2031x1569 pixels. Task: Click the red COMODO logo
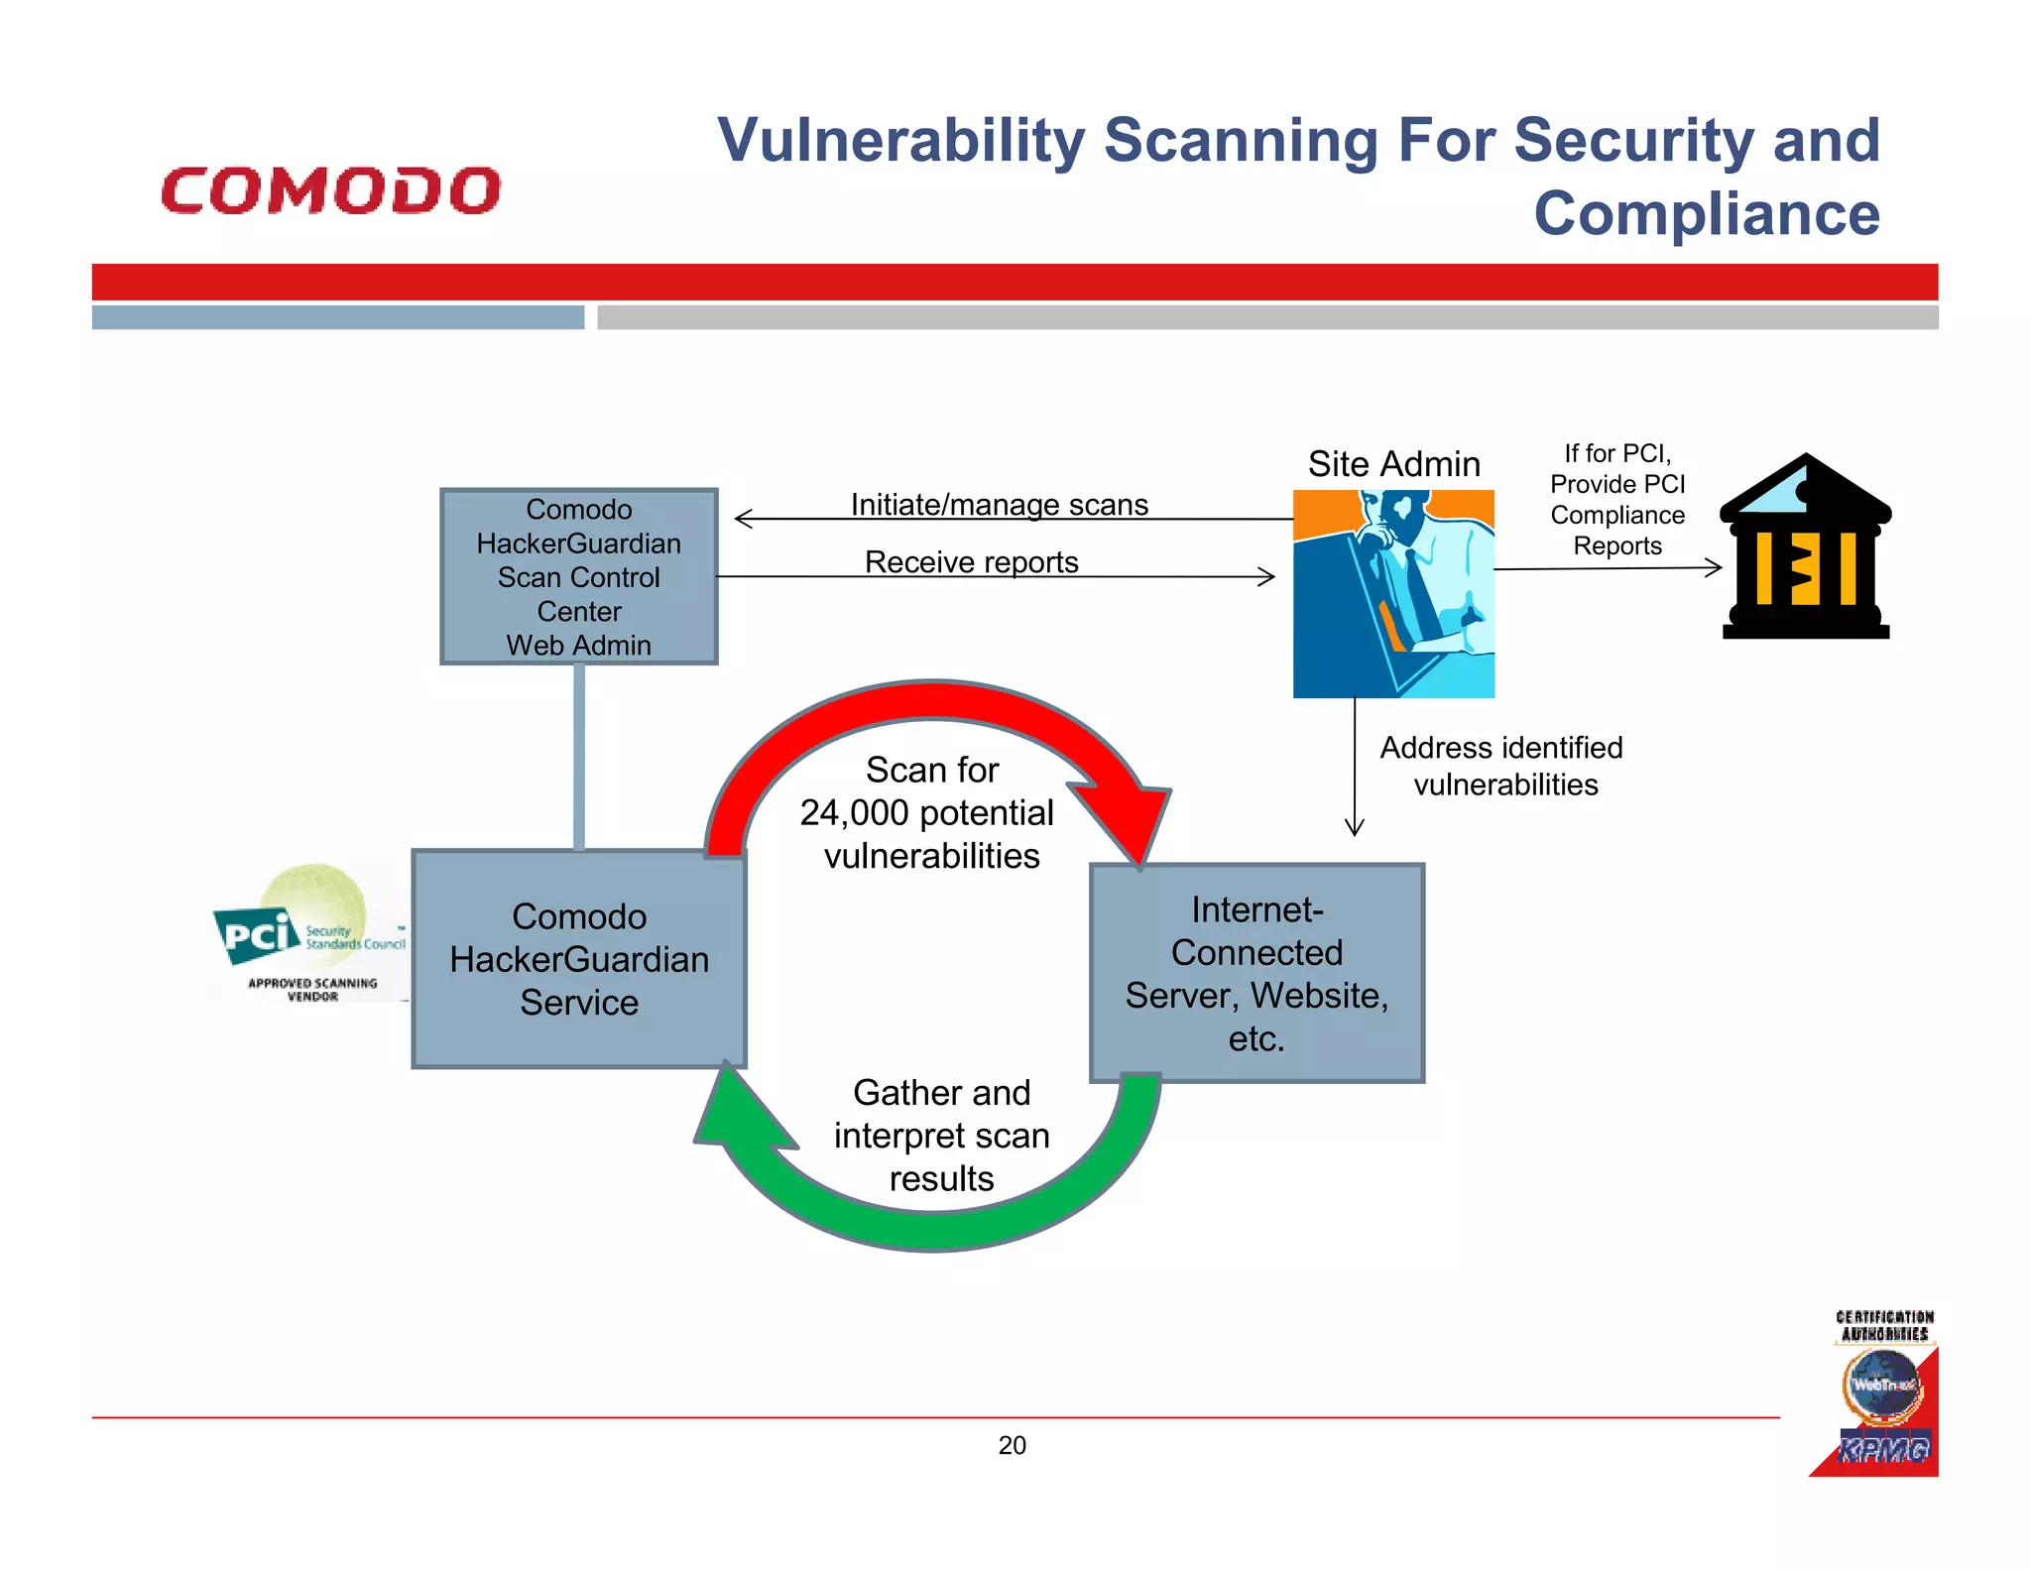pos(331,190)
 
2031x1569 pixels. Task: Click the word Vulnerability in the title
pos(901,140)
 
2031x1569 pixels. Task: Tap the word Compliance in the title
pos(1706,213)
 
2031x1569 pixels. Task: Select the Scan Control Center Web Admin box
pos(578,576)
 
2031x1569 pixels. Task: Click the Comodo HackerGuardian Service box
pos(578,959)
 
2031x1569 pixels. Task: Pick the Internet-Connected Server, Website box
pos(1255,973)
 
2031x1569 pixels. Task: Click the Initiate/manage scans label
pos(999,505)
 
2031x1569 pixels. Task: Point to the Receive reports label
pos(971,562)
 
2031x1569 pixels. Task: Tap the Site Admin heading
pos(1393,464)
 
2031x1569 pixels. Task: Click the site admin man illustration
pos(1393,593)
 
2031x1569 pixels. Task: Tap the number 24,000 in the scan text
pos(854,813)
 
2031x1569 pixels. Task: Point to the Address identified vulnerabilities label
pos(1501,766)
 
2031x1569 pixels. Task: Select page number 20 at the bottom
pos(1012,1445)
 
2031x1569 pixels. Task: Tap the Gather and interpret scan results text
pos(941,1136)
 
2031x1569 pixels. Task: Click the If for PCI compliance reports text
pos(1616,500)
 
